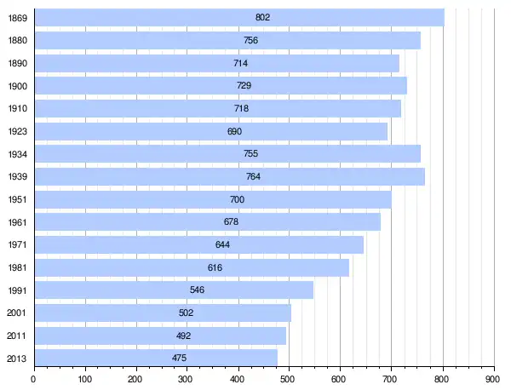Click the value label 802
[262, 17]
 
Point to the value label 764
[253, 176]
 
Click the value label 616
[215, 267]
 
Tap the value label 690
[234, 131]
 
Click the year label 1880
[17, 40]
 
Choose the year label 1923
[17, 131]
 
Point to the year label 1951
[17, 199]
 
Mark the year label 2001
[17, 313]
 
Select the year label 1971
[17, 244]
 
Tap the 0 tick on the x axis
[33, 379]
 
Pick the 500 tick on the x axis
[289, 379]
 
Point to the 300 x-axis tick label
[187, 379]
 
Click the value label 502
[186, 313]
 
